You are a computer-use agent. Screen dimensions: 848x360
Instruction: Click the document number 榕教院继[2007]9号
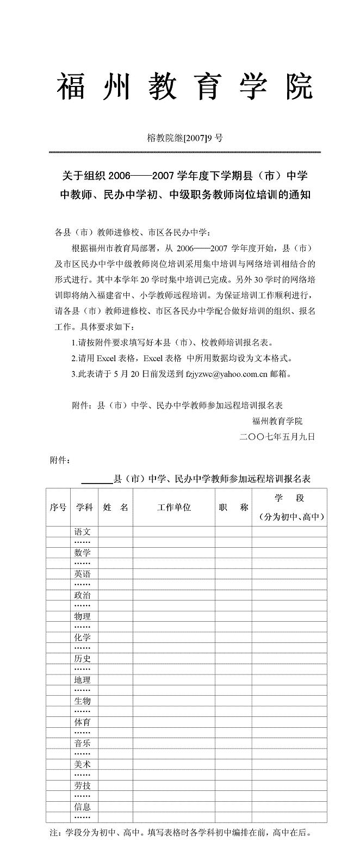point(185,138)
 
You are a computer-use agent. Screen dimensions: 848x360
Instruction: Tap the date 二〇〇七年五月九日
point(277,436)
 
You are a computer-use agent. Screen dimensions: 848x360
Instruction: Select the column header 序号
point(58,507)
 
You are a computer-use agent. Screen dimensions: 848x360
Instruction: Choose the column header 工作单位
point(174,507)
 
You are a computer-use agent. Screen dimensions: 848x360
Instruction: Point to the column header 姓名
point(116,507)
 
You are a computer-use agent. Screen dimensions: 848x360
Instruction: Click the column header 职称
point(233,507)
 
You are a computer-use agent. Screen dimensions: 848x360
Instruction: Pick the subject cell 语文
point(83,531)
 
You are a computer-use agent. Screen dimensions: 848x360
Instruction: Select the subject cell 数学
point(83,553)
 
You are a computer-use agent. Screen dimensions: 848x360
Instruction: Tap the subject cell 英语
point(83,574)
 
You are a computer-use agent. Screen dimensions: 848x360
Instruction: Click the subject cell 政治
point(83,595)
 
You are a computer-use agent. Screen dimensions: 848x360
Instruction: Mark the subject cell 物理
point(83,616)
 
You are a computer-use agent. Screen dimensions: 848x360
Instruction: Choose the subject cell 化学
point(83,637)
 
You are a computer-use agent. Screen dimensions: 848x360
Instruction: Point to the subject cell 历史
point(83,659)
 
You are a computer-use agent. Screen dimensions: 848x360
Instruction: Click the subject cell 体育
point(83,722)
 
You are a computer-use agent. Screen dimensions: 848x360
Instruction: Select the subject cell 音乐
point(83,744)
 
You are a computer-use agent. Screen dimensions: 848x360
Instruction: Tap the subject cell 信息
point(83,807)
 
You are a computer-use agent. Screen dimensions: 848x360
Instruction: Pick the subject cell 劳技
point(83,786)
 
